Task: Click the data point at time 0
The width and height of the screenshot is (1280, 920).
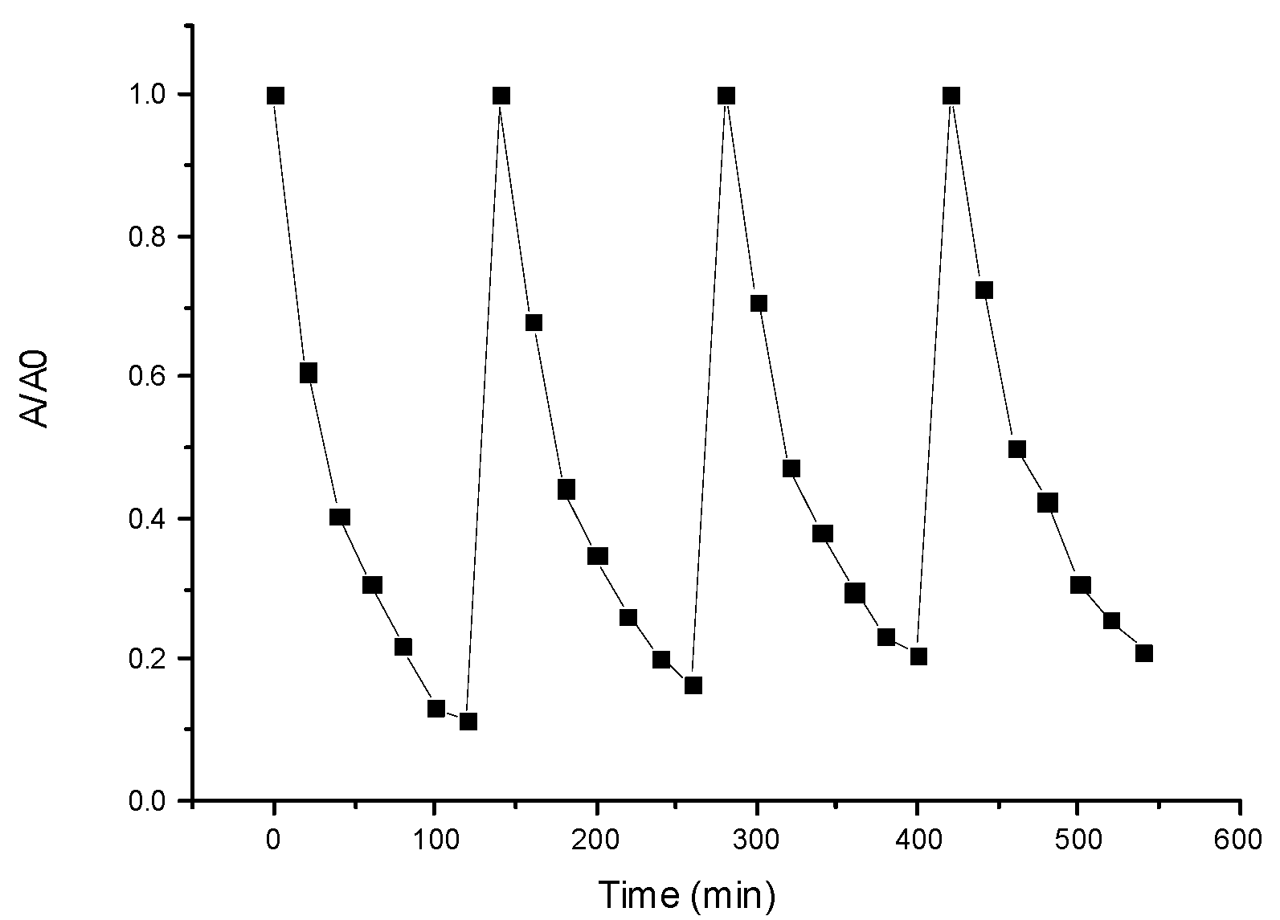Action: [275, 96]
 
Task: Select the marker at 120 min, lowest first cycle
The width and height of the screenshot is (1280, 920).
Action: [468, 722]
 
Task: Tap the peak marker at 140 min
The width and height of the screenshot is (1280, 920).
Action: [501, 96]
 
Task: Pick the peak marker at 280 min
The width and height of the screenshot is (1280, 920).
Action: [726, 96]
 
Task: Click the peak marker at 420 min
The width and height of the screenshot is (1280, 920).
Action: [951, 96]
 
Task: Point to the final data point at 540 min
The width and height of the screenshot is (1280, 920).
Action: [1144, 652]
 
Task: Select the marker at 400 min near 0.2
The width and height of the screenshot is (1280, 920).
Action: [918, 656]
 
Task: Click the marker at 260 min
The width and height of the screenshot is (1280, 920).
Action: [693, 685]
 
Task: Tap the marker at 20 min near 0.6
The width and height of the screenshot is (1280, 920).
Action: [308, 373]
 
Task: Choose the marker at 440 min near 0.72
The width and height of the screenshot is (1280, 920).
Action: [984, 290]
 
